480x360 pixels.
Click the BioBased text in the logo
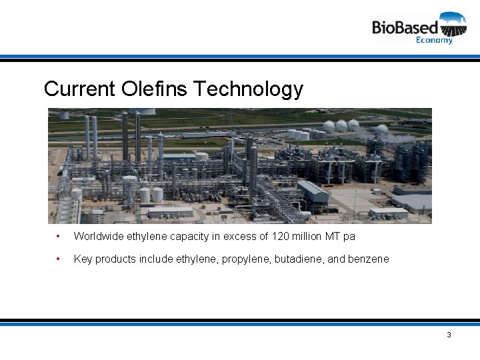pyautogui.click(x=405, y=27)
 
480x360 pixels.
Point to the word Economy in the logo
pyautogui.click(x=434, y=40)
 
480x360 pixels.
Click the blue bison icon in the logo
pyautogui.click(x=453, y=24)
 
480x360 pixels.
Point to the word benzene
pyautogui.click(x=369, y=259)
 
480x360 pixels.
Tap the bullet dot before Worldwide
pyautogui.click(x=59, y=236)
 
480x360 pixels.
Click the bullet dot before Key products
pyautogui.click(x=59, y=259)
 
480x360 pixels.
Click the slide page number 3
pyautogui.click(x=449, y=335)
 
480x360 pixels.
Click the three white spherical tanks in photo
pyautogui.click(x=341, y=125)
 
